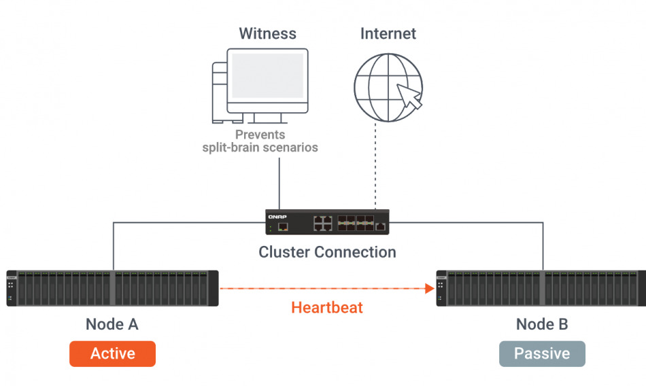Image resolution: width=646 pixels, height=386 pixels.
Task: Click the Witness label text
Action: pyautogui.click(x=268, y=33)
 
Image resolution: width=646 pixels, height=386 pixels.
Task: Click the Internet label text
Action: pyautogui.click(x=388, y=33)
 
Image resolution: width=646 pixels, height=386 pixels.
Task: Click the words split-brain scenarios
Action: pyautogui.click(x=260, y=147)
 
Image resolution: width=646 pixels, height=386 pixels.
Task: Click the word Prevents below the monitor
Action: pyautogui.click(x=260, y=135)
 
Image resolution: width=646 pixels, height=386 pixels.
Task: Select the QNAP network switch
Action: pyautogui.click(x=327, y=222)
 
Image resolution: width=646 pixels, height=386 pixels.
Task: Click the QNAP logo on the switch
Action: pyautogui.click(x=277, y=215)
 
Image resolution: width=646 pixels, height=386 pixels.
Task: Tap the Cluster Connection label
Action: pyautogui.click(x=327, y=252)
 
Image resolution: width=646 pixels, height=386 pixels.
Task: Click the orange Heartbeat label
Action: pyautogui.click(x=327, y=307)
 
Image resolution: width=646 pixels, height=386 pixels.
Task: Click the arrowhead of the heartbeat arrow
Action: pyautogui.click(x=430, y=288)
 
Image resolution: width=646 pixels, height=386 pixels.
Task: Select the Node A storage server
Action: pyautogui.click(x=112, y=288)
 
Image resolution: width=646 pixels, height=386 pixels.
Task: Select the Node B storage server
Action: pyautogui.click(x=541, y=288)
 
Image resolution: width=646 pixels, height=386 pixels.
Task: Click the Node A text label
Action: pyautogui.click(x=112, y=324)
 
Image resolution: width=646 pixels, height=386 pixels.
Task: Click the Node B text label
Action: pyautogui.click(x=542, y=324)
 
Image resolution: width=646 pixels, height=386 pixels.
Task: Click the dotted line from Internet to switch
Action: pyautogui.click(x=375, y=170)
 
